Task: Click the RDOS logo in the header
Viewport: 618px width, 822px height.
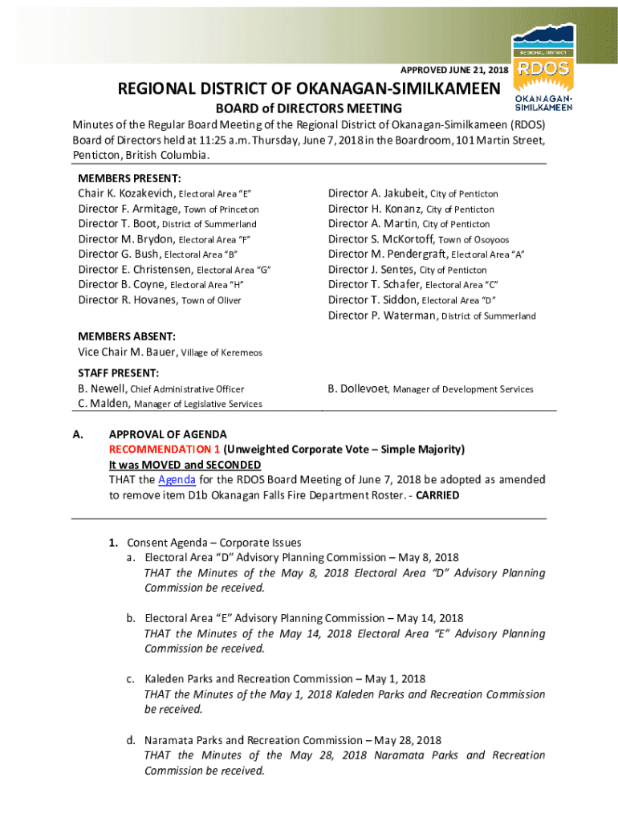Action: coord(545,69)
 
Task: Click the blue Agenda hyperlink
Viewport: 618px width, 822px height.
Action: coord(177,480)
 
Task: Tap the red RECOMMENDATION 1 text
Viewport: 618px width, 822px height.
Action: coord(165,450)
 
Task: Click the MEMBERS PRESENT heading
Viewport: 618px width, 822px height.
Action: coord(129,178)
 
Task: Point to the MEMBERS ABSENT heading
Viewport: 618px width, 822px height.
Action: coord(127,336)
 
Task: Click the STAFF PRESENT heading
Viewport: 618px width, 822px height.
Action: coord(118,373)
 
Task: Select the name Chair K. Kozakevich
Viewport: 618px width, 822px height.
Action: coord(126,193)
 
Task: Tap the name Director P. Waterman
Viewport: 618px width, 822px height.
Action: coord(382,315)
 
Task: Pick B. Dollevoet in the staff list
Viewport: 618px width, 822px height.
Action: coord(358,389)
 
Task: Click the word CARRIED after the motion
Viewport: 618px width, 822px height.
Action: coord(437,495)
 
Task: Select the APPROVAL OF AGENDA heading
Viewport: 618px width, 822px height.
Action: coord(168,434)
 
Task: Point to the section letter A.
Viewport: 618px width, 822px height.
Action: coord(78,434)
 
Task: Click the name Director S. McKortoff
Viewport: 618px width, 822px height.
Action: coord(380,239)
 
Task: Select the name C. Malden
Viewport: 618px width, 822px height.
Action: coord(104,404)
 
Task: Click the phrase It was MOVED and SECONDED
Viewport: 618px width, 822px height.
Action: coord(185,465)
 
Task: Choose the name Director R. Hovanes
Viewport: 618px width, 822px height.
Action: coord(128,300)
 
